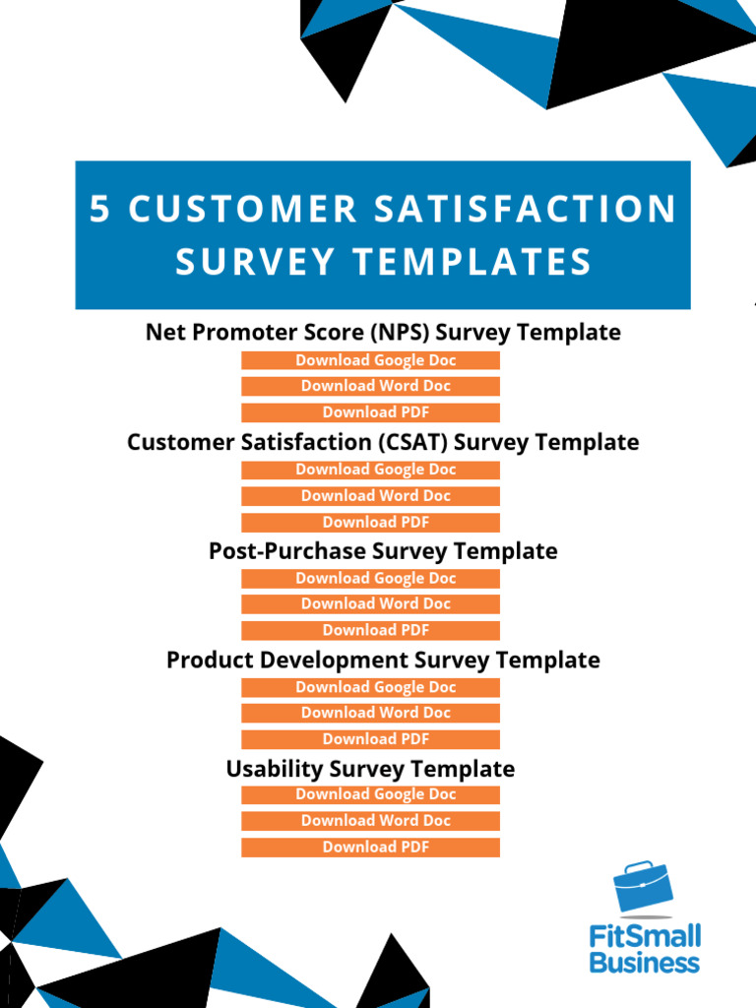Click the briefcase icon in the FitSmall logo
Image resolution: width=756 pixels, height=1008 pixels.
pos(643,888)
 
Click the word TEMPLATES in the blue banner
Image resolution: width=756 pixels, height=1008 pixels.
pos(472,262)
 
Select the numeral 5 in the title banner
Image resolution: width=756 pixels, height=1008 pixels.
pos(99,210)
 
